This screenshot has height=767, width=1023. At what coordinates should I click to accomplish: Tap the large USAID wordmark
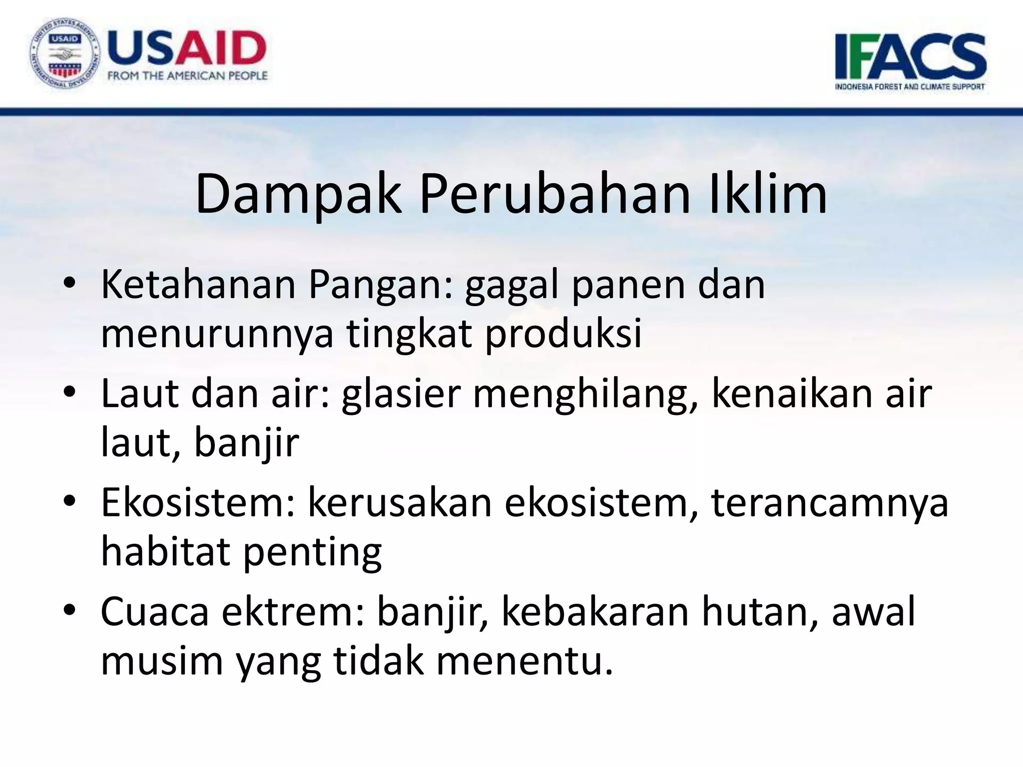[x=186, y=48]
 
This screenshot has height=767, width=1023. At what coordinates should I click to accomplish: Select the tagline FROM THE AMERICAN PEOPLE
[x=188, y=76]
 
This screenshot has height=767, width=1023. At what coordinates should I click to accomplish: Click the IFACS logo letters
[x=910, y=56]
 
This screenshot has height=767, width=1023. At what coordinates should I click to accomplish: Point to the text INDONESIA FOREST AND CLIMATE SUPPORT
[x=910, y=86]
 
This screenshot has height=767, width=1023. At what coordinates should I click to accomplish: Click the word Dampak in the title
[x=298, y=194]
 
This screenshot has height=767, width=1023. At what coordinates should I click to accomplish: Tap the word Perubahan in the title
[x=555, y=194]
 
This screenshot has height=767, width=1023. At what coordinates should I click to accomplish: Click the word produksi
[x=563, y=334]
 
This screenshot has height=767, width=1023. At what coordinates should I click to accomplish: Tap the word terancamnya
[x=829, y=502]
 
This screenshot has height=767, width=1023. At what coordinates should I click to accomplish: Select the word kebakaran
[x=595, y=611]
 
